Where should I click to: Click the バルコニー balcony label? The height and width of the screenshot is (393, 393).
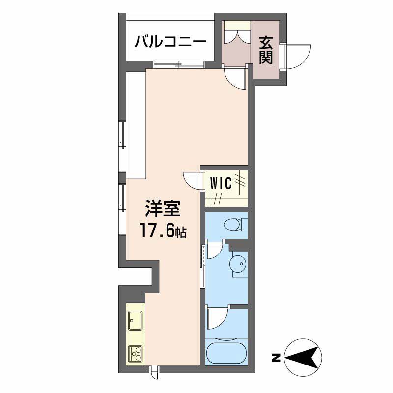click(170, 41)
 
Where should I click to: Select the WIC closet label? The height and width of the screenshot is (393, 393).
click(221, 183)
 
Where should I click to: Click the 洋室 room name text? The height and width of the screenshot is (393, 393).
click(162, 210)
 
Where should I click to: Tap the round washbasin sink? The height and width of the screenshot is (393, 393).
click(238, 264)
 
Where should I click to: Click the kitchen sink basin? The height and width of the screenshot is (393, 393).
click(135, 322)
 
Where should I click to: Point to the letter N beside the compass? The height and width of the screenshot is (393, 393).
click(276, 358)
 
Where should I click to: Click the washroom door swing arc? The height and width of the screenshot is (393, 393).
click(216, 251)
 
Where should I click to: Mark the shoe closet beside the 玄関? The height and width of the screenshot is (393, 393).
click(236, 42)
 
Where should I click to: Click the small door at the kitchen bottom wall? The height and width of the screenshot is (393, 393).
click(154, 373)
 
